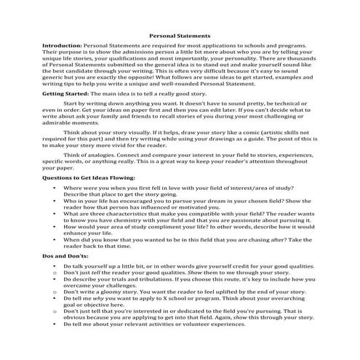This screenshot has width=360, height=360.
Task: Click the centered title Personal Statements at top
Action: click(x=180, y=34)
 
